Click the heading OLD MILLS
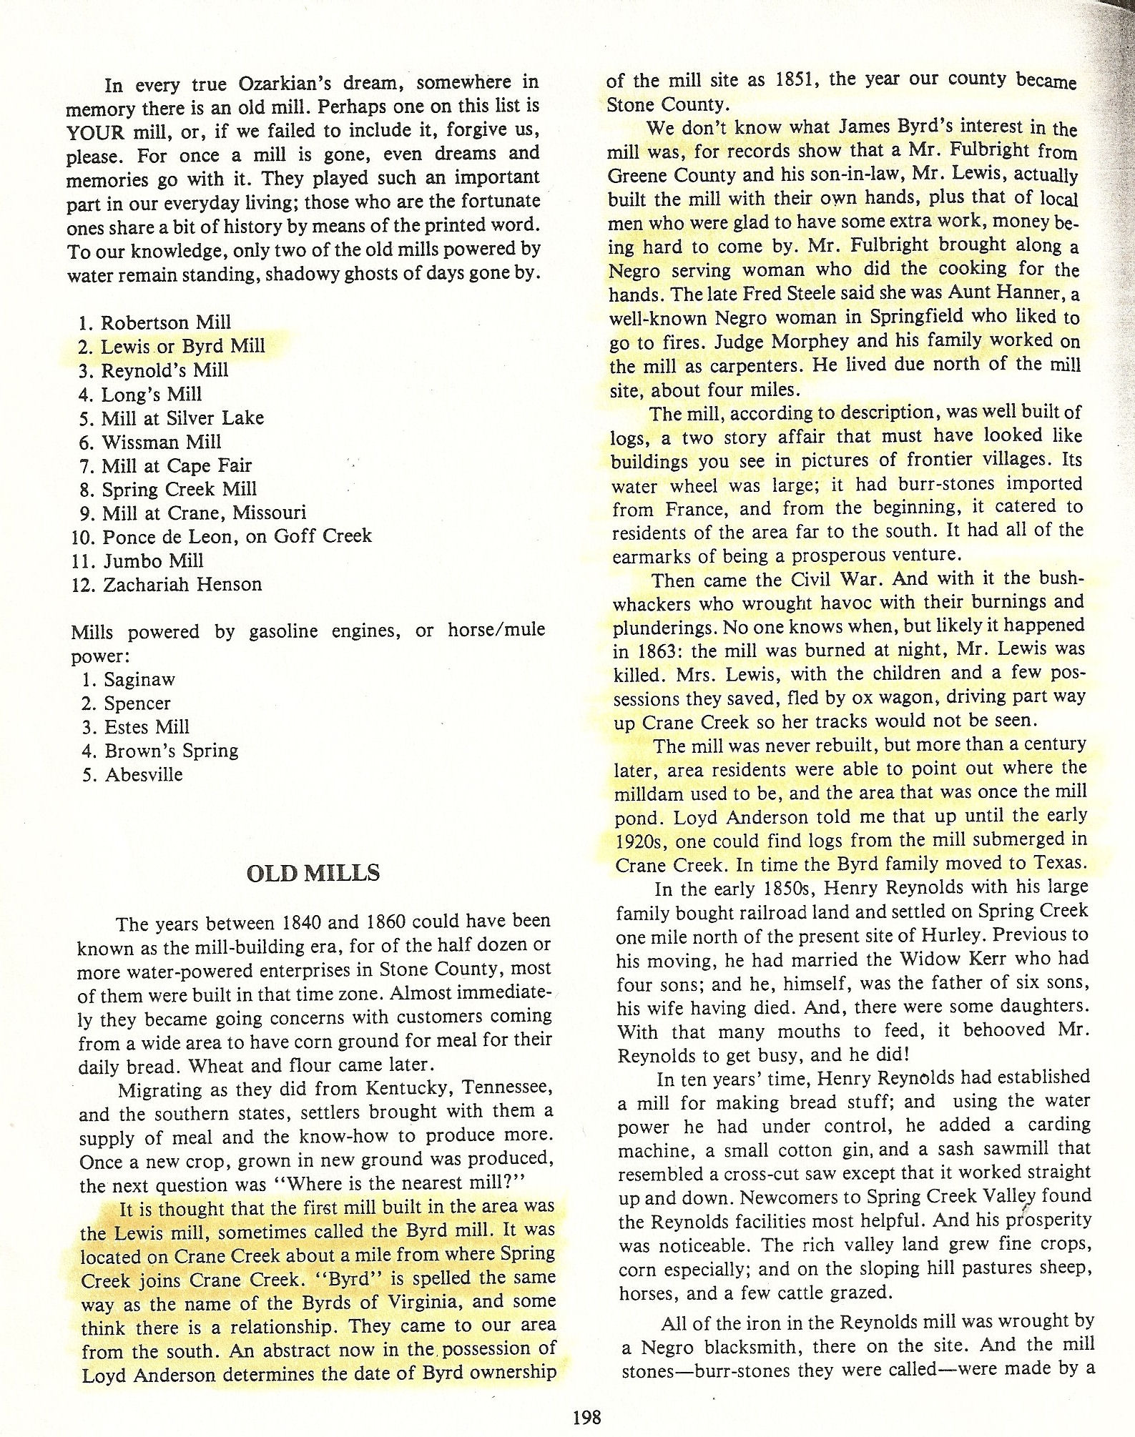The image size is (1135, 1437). [313, 873]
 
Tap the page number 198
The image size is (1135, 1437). [587, 1415]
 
